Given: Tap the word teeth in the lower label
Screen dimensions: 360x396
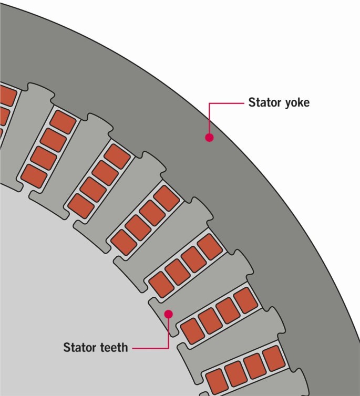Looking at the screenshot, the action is click(114, 347).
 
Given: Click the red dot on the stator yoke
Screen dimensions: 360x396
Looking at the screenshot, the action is click(209, 138).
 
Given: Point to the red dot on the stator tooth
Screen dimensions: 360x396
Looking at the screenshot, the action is click(168, 314).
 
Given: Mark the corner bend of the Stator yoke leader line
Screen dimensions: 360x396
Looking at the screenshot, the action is click(210, 103).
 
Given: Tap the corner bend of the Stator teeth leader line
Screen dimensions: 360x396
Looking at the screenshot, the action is click(168, 348).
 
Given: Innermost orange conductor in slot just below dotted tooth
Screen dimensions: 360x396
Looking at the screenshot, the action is click(192, 329).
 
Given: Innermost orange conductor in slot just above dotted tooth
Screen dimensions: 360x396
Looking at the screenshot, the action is click(160, 282).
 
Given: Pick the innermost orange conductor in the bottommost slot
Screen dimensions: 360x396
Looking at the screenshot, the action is click(215, 380).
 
